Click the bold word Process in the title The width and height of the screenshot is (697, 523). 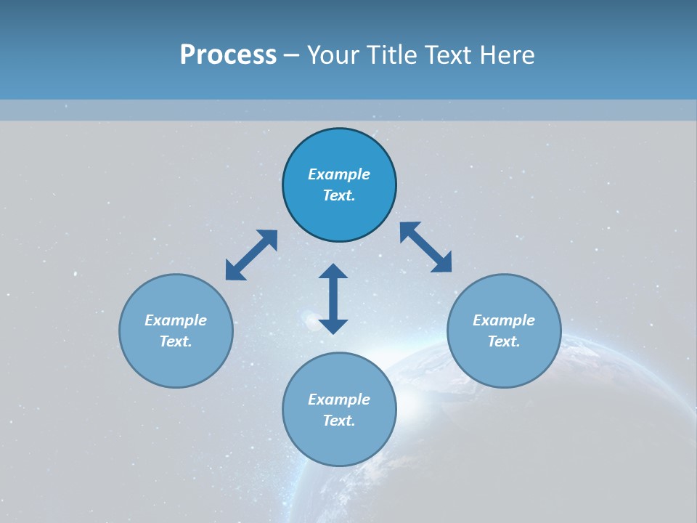[228, 55]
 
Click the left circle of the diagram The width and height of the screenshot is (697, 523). [176, 363]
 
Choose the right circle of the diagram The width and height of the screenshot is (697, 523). [504, 363]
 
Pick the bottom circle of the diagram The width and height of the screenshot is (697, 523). [339, 443]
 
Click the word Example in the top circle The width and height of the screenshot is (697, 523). [339, 174]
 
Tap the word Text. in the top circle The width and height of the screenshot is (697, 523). [339, 195]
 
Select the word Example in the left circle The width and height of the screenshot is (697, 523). [176, 320]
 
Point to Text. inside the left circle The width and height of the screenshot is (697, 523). [176, 341]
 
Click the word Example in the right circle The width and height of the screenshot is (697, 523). [504, 320]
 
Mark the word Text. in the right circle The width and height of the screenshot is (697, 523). [504, 341]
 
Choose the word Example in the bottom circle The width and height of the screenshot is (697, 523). [339, 400]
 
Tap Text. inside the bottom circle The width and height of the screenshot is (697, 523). [339, 421]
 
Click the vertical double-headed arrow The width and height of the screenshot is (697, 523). [333, 299]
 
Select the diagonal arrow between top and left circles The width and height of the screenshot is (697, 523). [251, 255]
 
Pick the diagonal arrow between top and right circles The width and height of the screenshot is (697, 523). [426, 247]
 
